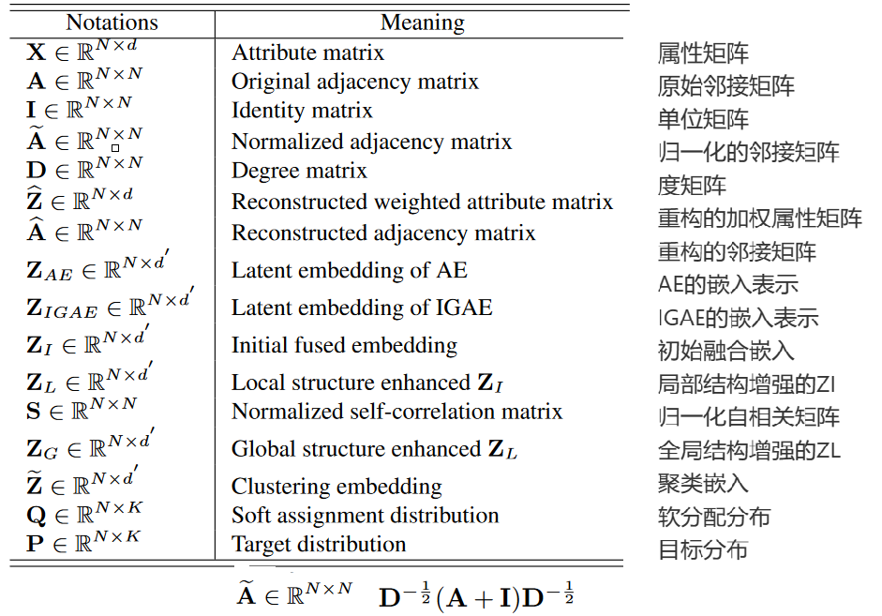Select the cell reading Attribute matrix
tap(307, 53)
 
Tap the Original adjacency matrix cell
tap(354, 82)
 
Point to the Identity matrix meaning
tap(302, 111)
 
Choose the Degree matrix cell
tap(299, 171)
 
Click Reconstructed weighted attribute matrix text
tap(422, 203)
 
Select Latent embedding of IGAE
tap(361, 308)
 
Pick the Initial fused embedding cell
tap(344, 345)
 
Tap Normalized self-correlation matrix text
tap(396, 412)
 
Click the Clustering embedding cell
tap(336, 487)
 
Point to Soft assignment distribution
tap(365, 516)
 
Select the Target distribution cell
tap(319, 545)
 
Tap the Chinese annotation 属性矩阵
tap(703, 53)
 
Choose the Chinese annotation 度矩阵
tap(692, 185)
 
